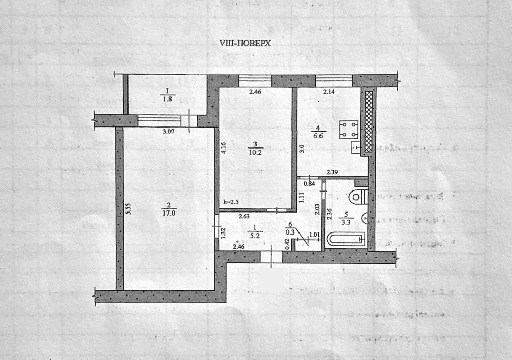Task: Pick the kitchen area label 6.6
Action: coord(318,135)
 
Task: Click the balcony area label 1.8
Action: coord(167,99)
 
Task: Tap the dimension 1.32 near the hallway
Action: coord(223,233)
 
